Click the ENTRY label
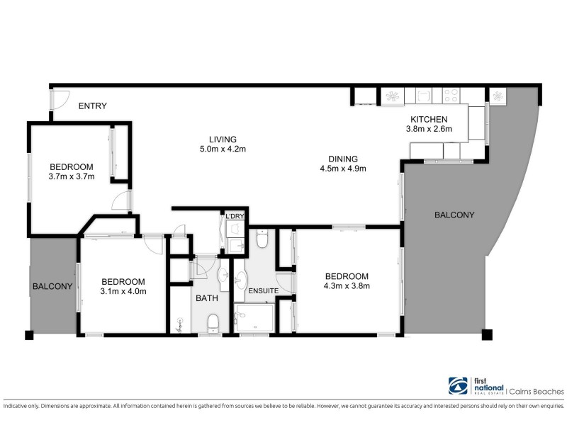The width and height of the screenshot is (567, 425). point(92,106)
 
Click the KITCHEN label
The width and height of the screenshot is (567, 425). point(429,119)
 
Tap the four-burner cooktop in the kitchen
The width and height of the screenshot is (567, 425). point(451,96)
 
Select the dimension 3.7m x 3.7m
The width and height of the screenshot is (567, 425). point(72,176)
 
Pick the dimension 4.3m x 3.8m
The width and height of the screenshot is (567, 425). point(347,286)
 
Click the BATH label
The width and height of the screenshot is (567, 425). point(206,298)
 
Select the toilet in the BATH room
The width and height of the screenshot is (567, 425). point(211,324)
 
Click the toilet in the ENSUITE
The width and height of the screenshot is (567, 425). point(262,241)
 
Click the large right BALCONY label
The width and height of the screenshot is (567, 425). point(454,215)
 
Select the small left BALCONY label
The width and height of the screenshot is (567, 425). point(52,286)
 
